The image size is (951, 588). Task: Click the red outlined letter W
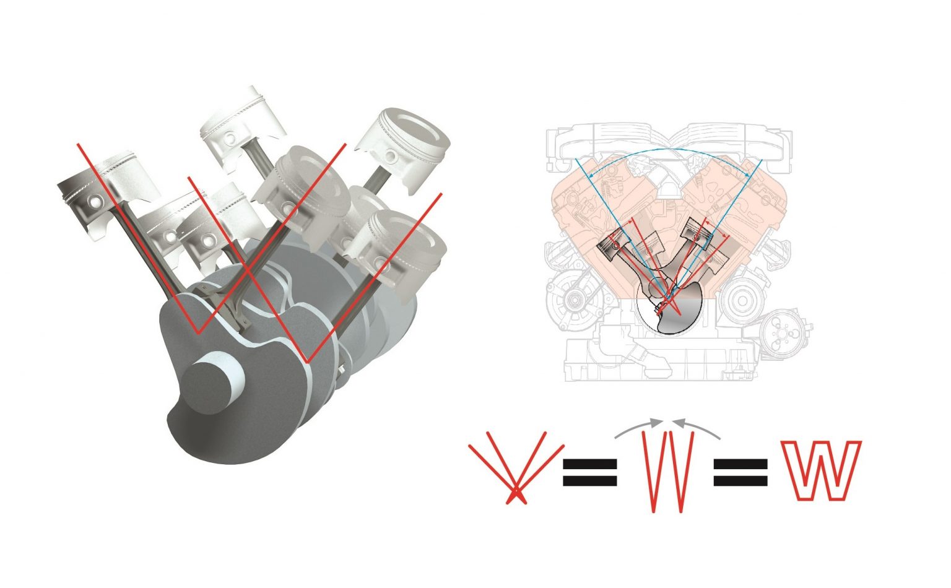click(x=821, y=470)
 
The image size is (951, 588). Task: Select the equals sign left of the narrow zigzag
click(x=589, y=472)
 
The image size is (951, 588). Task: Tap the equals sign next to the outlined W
click(x=740, y=472)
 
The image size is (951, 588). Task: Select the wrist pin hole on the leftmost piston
click(x=95, y=202)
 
